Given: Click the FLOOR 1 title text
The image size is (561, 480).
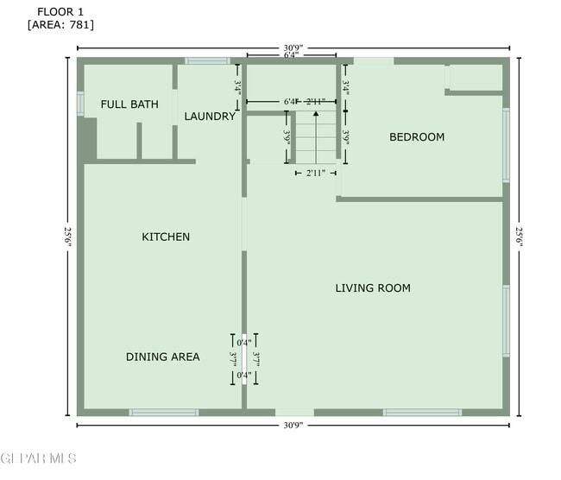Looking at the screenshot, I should click(60, 11).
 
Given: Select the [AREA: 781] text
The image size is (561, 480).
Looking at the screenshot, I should click(60, 25).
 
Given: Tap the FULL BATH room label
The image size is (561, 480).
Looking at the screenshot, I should click(129, 104).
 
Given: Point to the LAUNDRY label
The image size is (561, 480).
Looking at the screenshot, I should click(210, 117).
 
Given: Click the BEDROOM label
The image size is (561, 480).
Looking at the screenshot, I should click(417, 137).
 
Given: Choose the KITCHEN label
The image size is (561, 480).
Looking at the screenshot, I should click(166, 237).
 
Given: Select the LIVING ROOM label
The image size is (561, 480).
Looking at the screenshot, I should click(373, 288).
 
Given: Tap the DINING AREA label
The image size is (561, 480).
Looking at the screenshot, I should click(163, 357).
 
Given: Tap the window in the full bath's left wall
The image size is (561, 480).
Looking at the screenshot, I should click(80, 104).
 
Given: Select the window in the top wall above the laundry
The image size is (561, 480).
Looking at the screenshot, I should click(207, 60).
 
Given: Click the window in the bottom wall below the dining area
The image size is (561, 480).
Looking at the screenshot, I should click(164, 413).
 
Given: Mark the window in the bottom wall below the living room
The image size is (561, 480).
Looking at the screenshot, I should click(422, 413).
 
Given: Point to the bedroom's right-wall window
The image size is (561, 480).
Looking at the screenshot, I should click(507, 144).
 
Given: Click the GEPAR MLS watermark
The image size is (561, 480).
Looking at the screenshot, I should click(39, 458).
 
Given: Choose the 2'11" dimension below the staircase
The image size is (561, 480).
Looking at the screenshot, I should click(316, 174).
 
